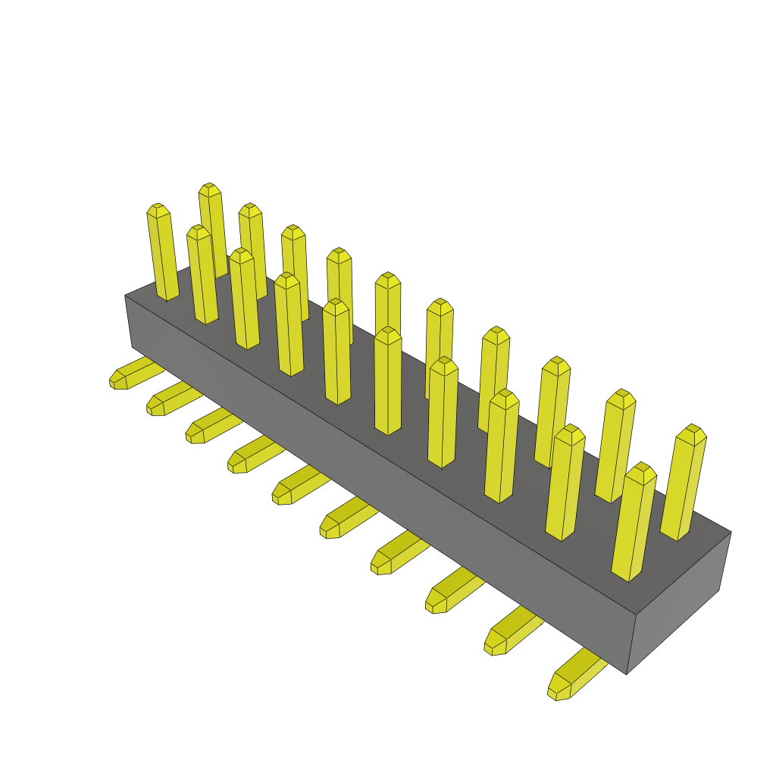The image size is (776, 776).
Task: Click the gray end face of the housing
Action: [x=677, y=599]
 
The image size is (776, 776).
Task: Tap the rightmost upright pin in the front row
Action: [x=632, y=523]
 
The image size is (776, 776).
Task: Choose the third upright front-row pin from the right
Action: [x=501, y=447]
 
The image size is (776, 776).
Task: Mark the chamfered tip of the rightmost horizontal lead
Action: [x=559, y=689]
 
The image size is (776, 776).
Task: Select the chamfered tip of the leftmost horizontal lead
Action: [x=117, y=380]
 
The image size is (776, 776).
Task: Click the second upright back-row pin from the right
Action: [x=615, y=447]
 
